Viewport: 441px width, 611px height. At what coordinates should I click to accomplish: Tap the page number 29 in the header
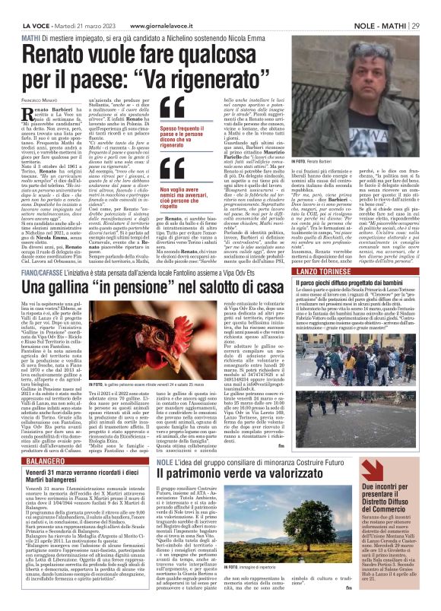(x=432, y=6)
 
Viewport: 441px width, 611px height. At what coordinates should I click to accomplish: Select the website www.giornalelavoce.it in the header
(x=167, y=6)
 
